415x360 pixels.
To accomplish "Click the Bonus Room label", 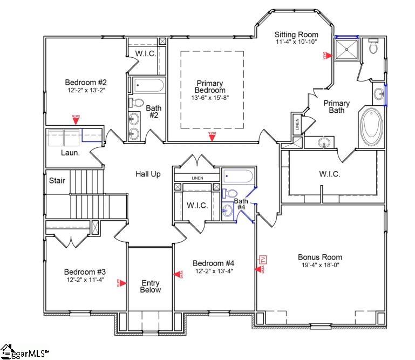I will [x=320, y=257].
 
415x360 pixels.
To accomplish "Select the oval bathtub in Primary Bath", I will [x=371, y=126].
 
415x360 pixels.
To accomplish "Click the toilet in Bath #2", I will [x=137, y=103].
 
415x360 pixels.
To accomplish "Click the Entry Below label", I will [x=151, y=286].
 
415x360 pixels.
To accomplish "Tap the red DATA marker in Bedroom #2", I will [x=77, y=120].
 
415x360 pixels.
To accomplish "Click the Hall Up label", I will [x=147, y=174].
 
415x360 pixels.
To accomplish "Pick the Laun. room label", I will [x=70, y=153].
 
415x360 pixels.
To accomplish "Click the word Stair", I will [x=57, y=180].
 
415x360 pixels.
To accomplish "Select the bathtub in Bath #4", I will [x=238, y=176].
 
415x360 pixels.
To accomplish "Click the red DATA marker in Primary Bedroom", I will [x=213, y=137].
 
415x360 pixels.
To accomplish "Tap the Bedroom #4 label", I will [x=213, y=263].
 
